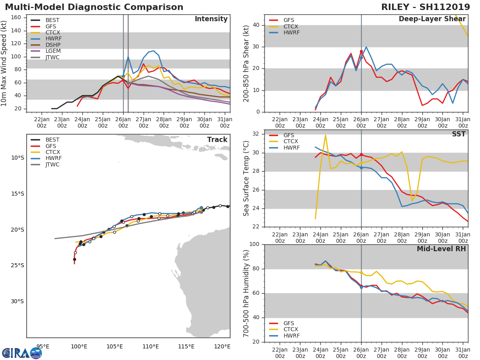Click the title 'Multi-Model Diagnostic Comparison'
(94, 7)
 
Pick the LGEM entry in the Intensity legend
(52, 52)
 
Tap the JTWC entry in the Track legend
(52, 164)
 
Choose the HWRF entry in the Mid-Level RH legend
(291, 336)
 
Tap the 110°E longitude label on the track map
(151, 346)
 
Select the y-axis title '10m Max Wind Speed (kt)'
(5, 64)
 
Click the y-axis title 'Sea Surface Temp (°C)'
(246, 178)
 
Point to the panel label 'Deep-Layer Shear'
(432, 19)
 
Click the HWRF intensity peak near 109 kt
(153, 51)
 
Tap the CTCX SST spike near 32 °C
(325, 135)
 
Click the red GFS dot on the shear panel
(361, 52)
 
